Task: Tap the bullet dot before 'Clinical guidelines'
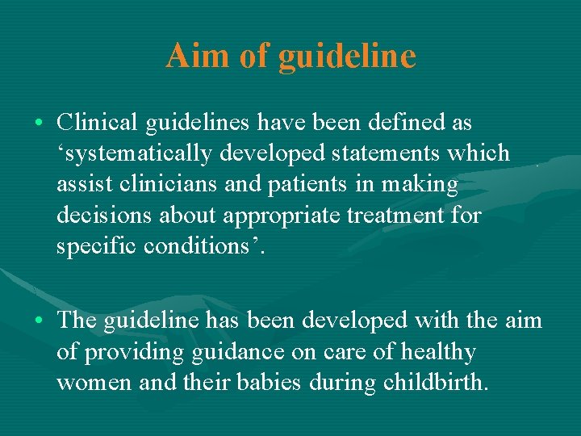tap(40, 124)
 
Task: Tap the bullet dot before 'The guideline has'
tap(40, 321)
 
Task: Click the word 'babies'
tap(270, 383)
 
